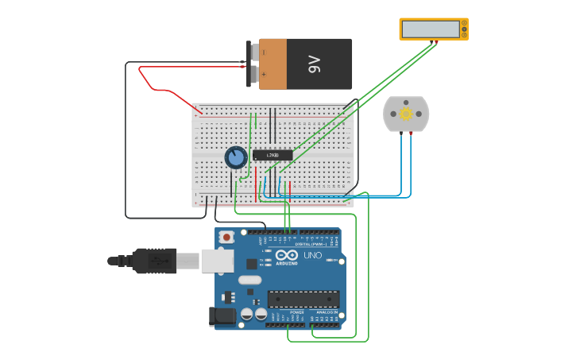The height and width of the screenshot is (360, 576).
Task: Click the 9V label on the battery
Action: point(314,64)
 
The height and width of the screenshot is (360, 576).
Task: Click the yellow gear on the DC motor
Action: point(406,114)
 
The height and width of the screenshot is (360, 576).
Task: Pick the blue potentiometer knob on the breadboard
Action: point(235,157)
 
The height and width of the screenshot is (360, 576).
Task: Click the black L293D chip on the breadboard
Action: point(273,155)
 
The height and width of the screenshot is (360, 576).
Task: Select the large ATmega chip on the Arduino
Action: point(303,299)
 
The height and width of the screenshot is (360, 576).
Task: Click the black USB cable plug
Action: point(154,260)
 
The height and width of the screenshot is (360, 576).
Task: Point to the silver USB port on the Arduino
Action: point(217,260)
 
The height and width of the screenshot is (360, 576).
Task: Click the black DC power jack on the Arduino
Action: point(222,316)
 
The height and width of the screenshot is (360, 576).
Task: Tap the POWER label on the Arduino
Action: point(296,312)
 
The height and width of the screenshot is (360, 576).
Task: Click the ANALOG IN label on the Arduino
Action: point(326,312)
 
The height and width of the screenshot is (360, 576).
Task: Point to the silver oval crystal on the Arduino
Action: point(249,280)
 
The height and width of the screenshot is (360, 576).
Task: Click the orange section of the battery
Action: point(273,64)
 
